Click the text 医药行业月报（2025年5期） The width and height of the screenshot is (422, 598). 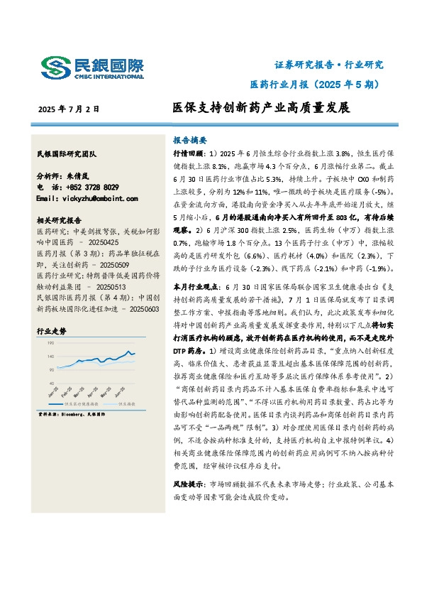(x=316, y=84)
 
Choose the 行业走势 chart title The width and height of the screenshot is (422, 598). (x=51, y=331)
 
